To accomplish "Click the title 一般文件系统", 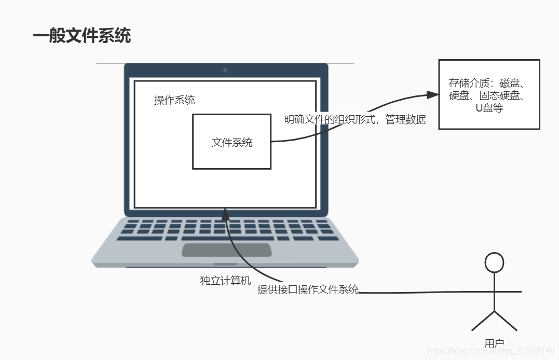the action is coord(82,36).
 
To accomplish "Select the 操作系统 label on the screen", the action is coord(174,100).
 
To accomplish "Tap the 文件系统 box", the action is coord(231,142).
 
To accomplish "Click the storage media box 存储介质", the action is coord(489,94).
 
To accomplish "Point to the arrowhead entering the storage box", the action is coord(432,94).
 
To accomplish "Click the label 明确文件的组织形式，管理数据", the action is coord(355,119).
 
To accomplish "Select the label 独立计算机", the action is coord(225,281).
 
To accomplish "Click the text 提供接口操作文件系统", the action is coord(308,289).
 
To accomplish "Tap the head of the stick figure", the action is coord(494,262).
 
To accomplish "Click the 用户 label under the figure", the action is coord(494,343).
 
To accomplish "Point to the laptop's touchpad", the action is coord(226,250).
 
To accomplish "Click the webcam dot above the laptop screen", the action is coord(225,70).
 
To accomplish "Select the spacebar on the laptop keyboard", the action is coord(227,239).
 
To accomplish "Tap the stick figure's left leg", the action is coord(483,322).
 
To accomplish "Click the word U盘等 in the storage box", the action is coord(489,108).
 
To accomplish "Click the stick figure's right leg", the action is coord(506,322).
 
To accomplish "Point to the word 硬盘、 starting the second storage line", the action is coord(462,95).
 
